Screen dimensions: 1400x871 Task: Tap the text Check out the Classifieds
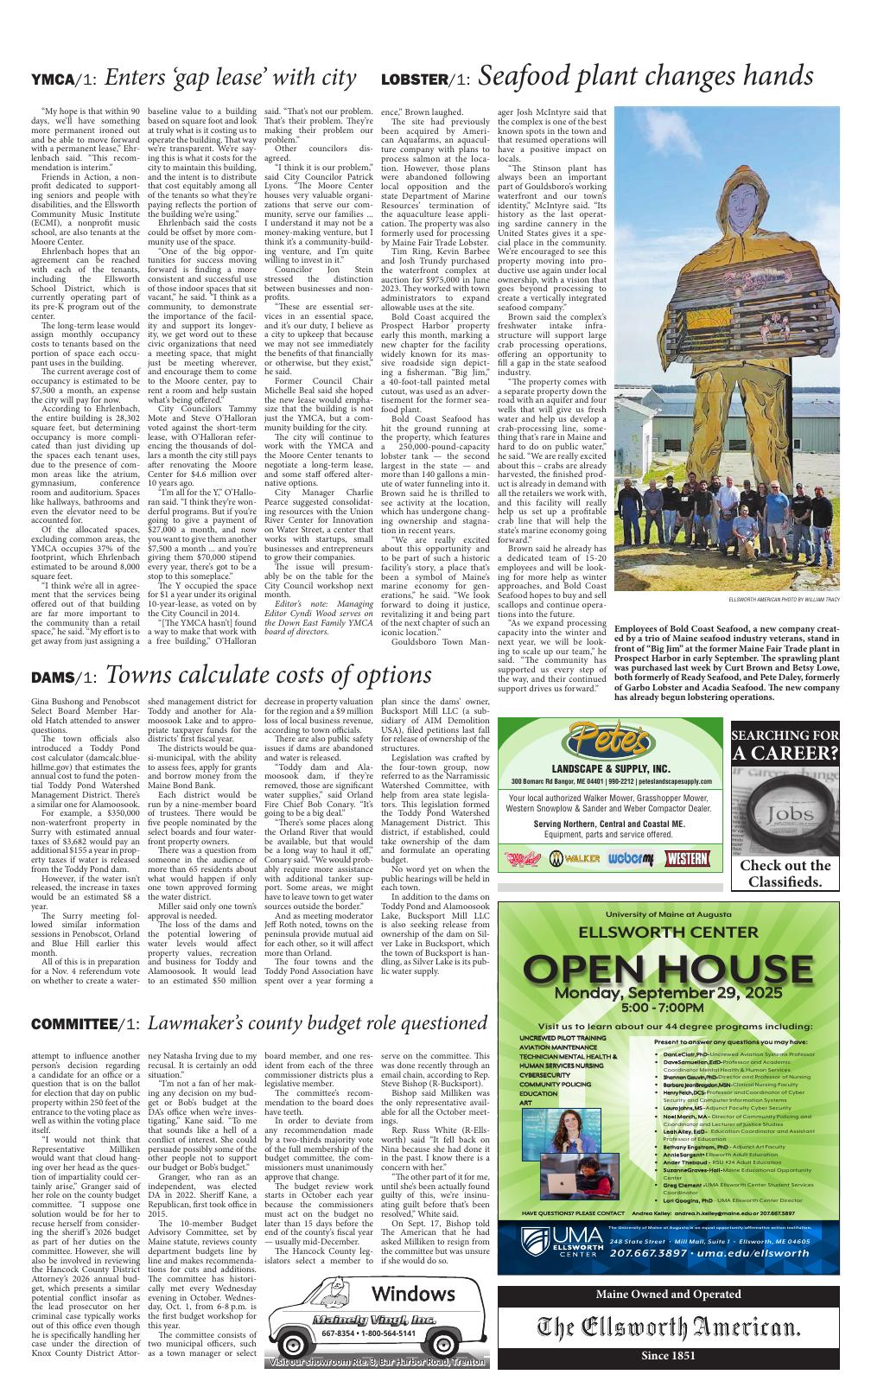pos(785,873)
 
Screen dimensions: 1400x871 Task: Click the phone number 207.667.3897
pos(645,1253)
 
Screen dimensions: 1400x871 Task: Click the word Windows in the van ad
pos(413,1293)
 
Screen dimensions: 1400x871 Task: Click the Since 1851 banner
pos(668,1356)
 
